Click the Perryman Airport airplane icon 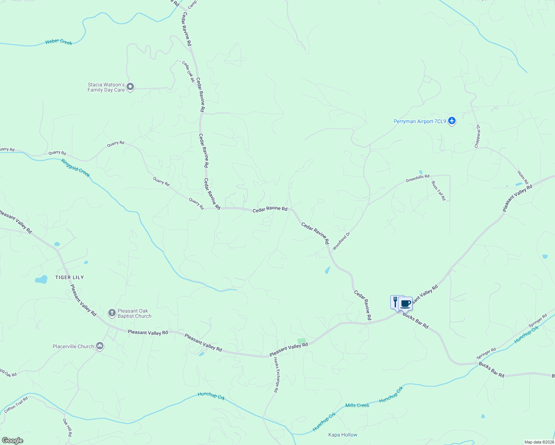point(451,121)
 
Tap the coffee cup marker point(405,303)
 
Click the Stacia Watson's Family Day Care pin point(130,87)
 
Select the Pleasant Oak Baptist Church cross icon point(112,313)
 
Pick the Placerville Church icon point(99,346)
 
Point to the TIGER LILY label point(69,277)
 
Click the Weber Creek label point(59,42)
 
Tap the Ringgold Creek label point(76,168)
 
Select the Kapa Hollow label point(343,435)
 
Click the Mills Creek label point(357,405)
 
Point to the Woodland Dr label point(341,241)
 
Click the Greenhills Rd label point(417,178)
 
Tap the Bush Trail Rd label point(439,191)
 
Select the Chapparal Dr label point(477,136)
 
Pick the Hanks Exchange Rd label point(276,375)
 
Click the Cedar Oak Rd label point(188,71)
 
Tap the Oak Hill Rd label point(67,427)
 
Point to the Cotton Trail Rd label point(16,405)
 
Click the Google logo point(12,441)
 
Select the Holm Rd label point(523,177)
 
